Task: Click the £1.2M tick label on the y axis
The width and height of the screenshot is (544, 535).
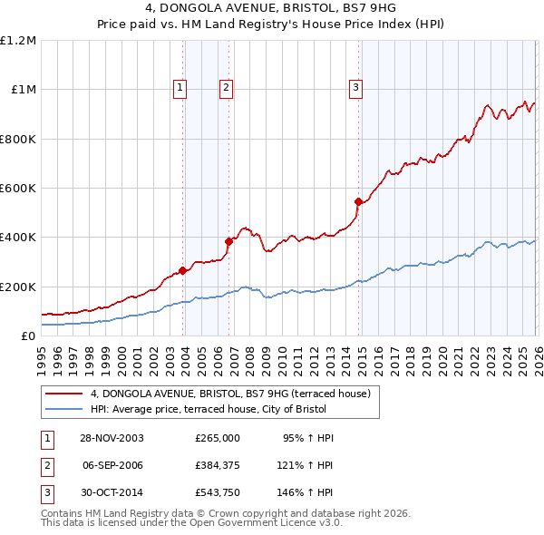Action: click(18, 41)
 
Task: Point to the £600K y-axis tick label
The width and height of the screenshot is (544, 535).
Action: click(18, 189)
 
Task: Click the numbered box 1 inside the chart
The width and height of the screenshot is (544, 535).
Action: click(180, 88)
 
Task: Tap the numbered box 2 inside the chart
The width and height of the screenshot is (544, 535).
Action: click(225, 88)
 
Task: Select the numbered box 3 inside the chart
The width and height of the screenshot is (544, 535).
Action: click(355, 88)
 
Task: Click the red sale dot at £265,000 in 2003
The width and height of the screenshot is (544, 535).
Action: click(183, 270)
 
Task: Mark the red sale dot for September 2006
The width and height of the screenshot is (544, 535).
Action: click(228, 241)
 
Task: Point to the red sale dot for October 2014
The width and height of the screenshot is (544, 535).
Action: click(358, 201)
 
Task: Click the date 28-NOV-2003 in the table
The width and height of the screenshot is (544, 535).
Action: click(112, 438)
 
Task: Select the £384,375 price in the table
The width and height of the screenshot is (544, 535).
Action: click(217, 465)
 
